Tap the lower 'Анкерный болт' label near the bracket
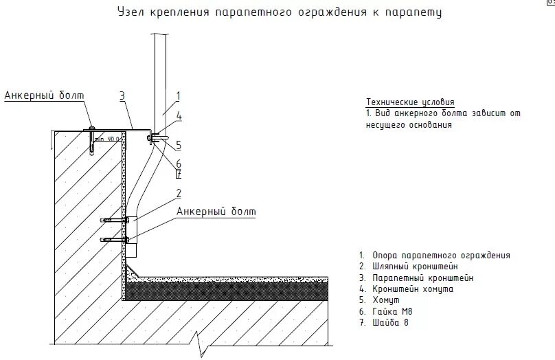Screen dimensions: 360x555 click(216, 212)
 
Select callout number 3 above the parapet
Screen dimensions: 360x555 click(122, 96)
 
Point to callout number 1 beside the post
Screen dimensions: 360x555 click(177, 95)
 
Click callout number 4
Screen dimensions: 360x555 click(178, 117)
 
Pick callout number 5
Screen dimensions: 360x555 click(178, 145)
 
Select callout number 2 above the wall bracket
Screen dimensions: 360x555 click(178, 192)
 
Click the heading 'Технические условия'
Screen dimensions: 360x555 click(410, 102)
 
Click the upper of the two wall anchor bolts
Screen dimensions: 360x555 click(114, 221)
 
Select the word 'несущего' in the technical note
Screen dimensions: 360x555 click(387, 126)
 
